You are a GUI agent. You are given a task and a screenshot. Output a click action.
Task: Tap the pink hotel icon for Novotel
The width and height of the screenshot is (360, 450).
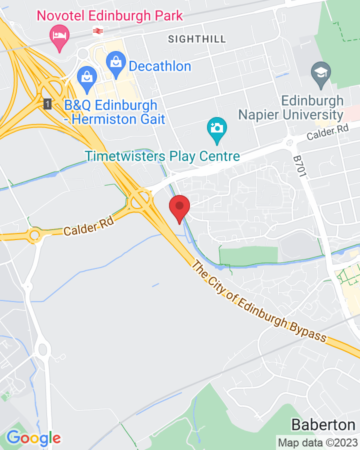click(60, 36)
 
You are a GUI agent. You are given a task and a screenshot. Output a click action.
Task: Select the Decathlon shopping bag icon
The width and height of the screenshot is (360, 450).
click(116, 63)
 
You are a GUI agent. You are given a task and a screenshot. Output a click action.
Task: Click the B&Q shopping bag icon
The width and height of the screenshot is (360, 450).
click(87, 78)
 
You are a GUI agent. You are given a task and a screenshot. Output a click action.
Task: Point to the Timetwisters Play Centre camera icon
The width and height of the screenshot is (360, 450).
click(216, 128)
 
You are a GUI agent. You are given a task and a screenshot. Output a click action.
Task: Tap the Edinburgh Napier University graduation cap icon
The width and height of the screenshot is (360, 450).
click(320, 73)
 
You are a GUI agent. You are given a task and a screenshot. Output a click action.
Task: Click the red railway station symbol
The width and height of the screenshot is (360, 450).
click(98, 31)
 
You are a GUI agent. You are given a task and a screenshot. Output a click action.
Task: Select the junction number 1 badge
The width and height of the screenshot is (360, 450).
click(47, 104)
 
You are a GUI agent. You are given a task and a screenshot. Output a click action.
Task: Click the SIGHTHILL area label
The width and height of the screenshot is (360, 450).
click(197, 39)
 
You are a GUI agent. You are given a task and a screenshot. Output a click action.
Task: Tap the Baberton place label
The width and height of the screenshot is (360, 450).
click(323, 425)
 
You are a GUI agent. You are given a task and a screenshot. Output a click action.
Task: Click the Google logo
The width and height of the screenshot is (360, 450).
click(33, 438)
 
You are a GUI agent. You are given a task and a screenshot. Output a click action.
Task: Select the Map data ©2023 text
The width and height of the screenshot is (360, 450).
click(318, 442)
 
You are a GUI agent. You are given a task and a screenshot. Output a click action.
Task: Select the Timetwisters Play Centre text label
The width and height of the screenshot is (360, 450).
click(162, 156)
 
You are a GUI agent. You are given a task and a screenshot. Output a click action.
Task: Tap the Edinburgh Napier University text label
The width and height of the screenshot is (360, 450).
click(290, 107)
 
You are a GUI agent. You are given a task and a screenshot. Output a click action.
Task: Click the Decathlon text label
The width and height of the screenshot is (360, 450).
click(160, 66)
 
